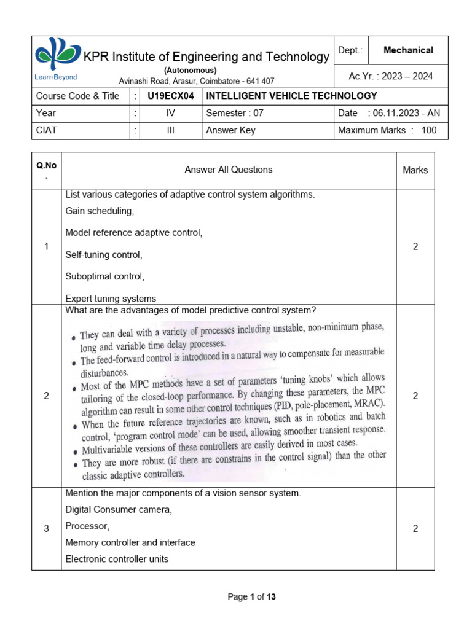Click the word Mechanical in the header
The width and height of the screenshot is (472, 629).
click(x=408, y=50)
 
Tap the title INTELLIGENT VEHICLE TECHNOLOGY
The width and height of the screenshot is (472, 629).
click(x=291, y=96)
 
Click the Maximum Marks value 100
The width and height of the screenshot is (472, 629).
click(x=429, y=130)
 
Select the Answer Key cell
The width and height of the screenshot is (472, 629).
click(x=230, y=130)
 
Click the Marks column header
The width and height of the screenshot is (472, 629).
click(x=415, y=170)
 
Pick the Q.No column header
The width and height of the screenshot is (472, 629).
click(x=46, y=170)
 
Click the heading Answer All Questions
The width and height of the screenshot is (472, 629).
click(x=229, y=170)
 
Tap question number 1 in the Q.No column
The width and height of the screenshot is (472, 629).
click(x=46, y=246)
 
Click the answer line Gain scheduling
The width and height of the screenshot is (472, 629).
click(x=100, y=211)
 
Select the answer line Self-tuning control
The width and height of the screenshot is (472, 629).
click(x=103, y=254)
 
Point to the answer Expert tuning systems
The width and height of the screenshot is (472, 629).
click(x=111, y=299)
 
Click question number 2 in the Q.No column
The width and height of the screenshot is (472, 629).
click(x=46, y=396)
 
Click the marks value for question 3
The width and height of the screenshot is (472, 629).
click(x=415, y=529)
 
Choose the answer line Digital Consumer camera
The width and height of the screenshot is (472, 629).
click(x=119, y=510)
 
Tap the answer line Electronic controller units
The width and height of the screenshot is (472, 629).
click(x=117, y=559)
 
